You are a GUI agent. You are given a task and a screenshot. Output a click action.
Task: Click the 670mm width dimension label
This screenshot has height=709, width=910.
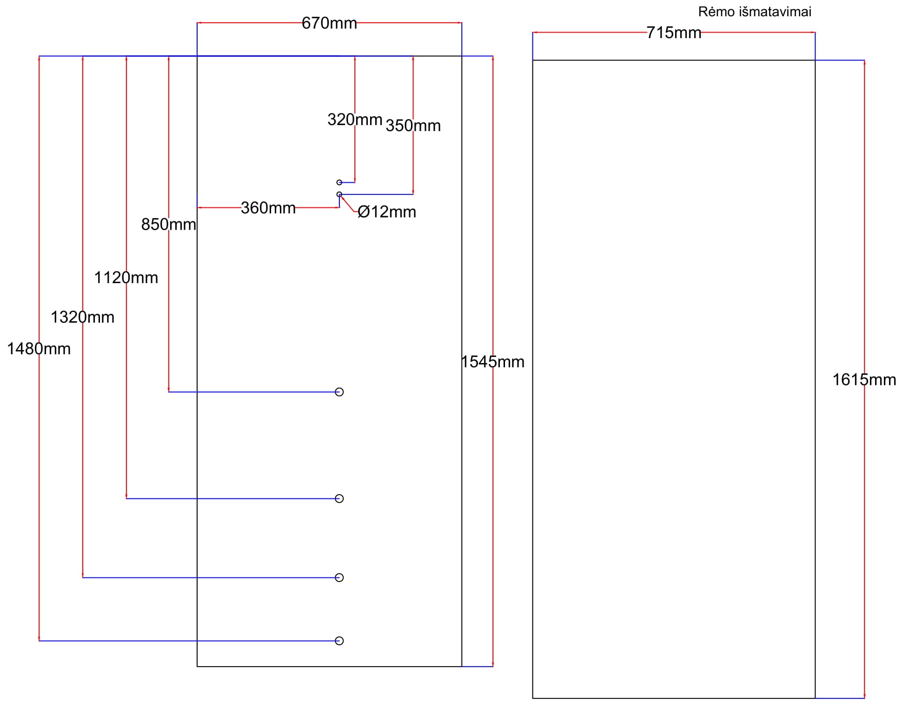329,23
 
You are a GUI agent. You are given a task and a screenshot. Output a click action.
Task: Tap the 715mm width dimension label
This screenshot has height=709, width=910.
673,33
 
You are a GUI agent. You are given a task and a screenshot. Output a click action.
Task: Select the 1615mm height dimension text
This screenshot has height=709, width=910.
864,380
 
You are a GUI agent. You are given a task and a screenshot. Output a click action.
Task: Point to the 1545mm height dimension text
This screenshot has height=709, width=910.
492,362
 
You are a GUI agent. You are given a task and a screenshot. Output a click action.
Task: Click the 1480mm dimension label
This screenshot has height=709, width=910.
39,349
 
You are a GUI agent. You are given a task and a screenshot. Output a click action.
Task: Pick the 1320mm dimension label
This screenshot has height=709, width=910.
82,317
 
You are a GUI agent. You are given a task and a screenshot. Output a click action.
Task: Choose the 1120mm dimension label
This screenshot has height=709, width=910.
126,278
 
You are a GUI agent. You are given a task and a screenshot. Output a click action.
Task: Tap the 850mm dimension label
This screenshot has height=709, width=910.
168,225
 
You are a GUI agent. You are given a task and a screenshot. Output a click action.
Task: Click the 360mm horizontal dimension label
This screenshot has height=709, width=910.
268,208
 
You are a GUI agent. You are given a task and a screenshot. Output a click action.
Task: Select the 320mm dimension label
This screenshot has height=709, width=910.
355,119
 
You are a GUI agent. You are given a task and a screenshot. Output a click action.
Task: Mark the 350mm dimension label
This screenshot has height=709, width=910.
413,126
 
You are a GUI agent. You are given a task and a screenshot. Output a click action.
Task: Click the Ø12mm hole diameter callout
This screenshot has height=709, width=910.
386,212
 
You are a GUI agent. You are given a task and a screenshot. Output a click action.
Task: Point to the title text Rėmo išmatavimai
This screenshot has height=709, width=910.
754,12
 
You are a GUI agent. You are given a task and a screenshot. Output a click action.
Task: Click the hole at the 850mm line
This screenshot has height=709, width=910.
339,392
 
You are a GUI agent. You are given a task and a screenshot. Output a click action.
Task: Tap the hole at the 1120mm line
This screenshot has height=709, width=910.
339,498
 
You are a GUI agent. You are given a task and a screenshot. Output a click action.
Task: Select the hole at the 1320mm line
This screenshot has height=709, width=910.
339,577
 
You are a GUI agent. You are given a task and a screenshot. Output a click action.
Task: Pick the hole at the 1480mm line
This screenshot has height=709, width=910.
339,641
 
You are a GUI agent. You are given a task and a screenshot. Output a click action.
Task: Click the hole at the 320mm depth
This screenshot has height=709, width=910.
339,182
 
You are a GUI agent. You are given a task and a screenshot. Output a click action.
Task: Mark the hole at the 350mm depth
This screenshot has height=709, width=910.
339,194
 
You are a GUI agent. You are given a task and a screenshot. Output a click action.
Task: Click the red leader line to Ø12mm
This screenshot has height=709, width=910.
348,204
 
